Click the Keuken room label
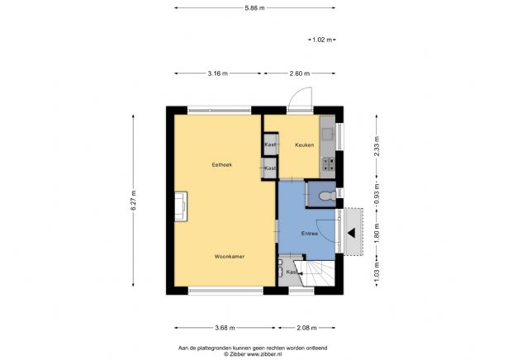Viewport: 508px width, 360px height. (304, 145)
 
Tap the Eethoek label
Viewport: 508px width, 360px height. (221, 165)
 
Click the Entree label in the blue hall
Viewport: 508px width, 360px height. (310, 234)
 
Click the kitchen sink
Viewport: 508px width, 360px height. (328, 130)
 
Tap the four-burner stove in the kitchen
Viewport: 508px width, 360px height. (328, 163)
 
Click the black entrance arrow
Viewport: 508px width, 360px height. (351, 232)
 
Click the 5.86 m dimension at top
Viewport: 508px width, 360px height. (254, 7)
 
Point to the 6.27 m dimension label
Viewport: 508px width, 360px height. (134, 201)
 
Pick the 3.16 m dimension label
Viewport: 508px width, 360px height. (218, 73)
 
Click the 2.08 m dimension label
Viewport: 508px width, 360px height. (306, 328)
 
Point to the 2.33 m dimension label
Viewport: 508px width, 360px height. (376, 146)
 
